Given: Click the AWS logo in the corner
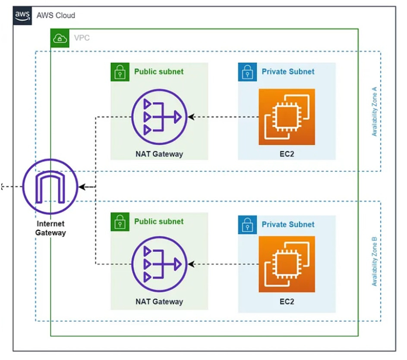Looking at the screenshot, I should [22, 16].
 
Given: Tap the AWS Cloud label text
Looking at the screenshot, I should [56, 16].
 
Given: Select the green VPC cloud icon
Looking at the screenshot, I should [59, 38].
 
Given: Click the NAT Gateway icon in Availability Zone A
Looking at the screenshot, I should [159, 117].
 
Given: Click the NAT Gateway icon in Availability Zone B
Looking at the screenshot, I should [159, 263].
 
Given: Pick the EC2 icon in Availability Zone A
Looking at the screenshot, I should [287, 117].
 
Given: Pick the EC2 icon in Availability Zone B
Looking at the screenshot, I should [287, 264].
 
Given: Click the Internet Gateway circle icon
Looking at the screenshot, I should [50, 187].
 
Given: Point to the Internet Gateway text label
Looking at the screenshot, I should [50, 229].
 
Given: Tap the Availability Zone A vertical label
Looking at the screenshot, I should [374, 112].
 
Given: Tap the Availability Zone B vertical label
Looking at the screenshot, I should [374, 261].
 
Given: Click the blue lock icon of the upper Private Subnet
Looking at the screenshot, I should [247, 72].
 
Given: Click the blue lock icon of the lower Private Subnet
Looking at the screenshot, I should [247, 224].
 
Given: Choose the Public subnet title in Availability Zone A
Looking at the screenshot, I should [158, 72].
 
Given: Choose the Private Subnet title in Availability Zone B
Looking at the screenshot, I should [288, 224].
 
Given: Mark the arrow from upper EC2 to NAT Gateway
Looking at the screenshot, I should [222, 117].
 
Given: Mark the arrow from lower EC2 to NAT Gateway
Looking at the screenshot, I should [222, 263].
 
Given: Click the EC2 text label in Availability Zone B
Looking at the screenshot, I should [287, 301].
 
